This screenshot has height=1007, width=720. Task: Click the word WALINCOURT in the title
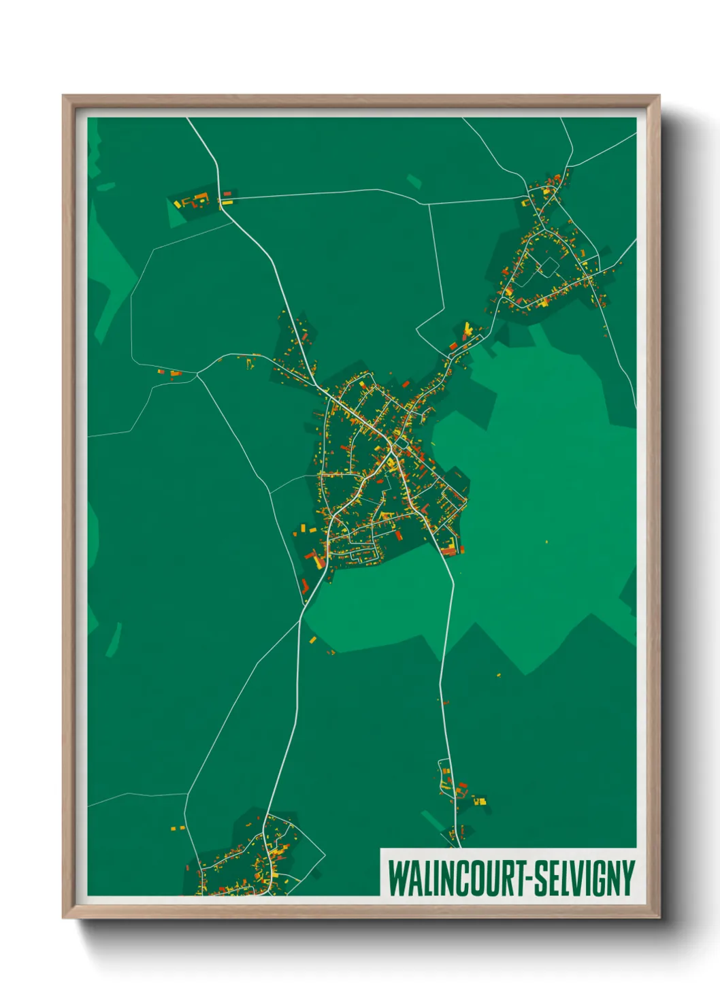452,878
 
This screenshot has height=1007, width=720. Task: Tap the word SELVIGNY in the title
585,878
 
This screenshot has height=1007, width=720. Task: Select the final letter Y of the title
629,878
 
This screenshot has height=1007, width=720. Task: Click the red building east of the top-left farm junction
227,194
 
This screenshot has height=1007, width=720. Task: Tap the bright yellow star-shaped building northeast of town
468,331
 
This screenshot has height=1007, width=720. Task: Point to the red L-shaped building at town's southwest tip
304,586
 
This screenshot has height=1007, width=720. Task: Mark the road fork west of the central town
197,374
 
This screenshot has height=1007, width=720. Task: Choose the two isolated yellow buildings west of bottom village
176,828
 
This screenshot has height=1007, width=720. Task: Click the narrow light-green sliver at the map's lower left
113,640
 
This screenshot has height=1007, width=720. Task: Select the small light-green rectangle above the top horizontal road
414,181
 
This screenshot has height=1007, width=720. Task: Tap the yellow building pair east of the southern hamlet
480,801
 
